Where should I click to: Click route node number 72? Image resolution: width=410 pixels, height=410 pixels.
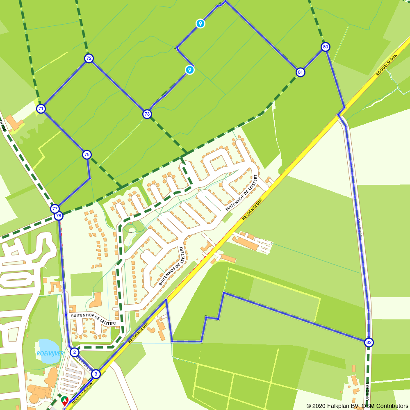tap(89, 58)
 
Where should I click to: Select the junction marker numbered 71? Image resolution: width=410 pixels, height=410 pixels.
tap(41, 109)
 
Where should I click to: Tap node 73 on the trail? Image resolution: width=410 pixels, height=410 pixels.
tap(147, 114)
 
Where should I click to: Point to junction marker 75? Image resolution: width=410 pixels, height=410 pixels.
tap(87, 155)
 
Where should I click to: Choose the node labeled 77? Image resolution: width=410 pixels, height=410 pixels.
tap(55, 209)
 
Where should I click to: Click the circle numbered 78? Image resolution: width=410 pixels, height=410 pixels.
tap(59, 216)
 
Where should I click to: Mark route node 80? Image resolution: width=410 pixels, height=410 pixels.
tap(325, 47)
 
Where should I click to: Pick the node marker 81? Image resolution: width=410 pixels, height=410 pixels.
tap(301, 73)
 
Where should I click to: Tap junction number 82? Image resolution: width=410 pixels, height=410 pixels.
tap(369, 342)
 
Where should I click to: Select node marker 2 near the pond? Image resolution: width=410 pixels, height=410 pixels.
tap(74, 352)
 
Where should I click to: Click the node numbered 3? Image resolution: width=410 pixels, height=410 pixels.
tap(96, 374)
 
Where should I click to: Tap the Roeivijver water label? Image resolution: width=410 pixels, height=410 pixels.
tap(50, 353)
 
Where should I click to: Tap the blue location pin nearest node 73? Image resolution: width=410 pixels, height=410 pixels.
tap(189, 70)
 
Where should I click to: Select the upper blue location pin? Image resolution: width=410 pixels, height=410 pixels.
tap(200, 23)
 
